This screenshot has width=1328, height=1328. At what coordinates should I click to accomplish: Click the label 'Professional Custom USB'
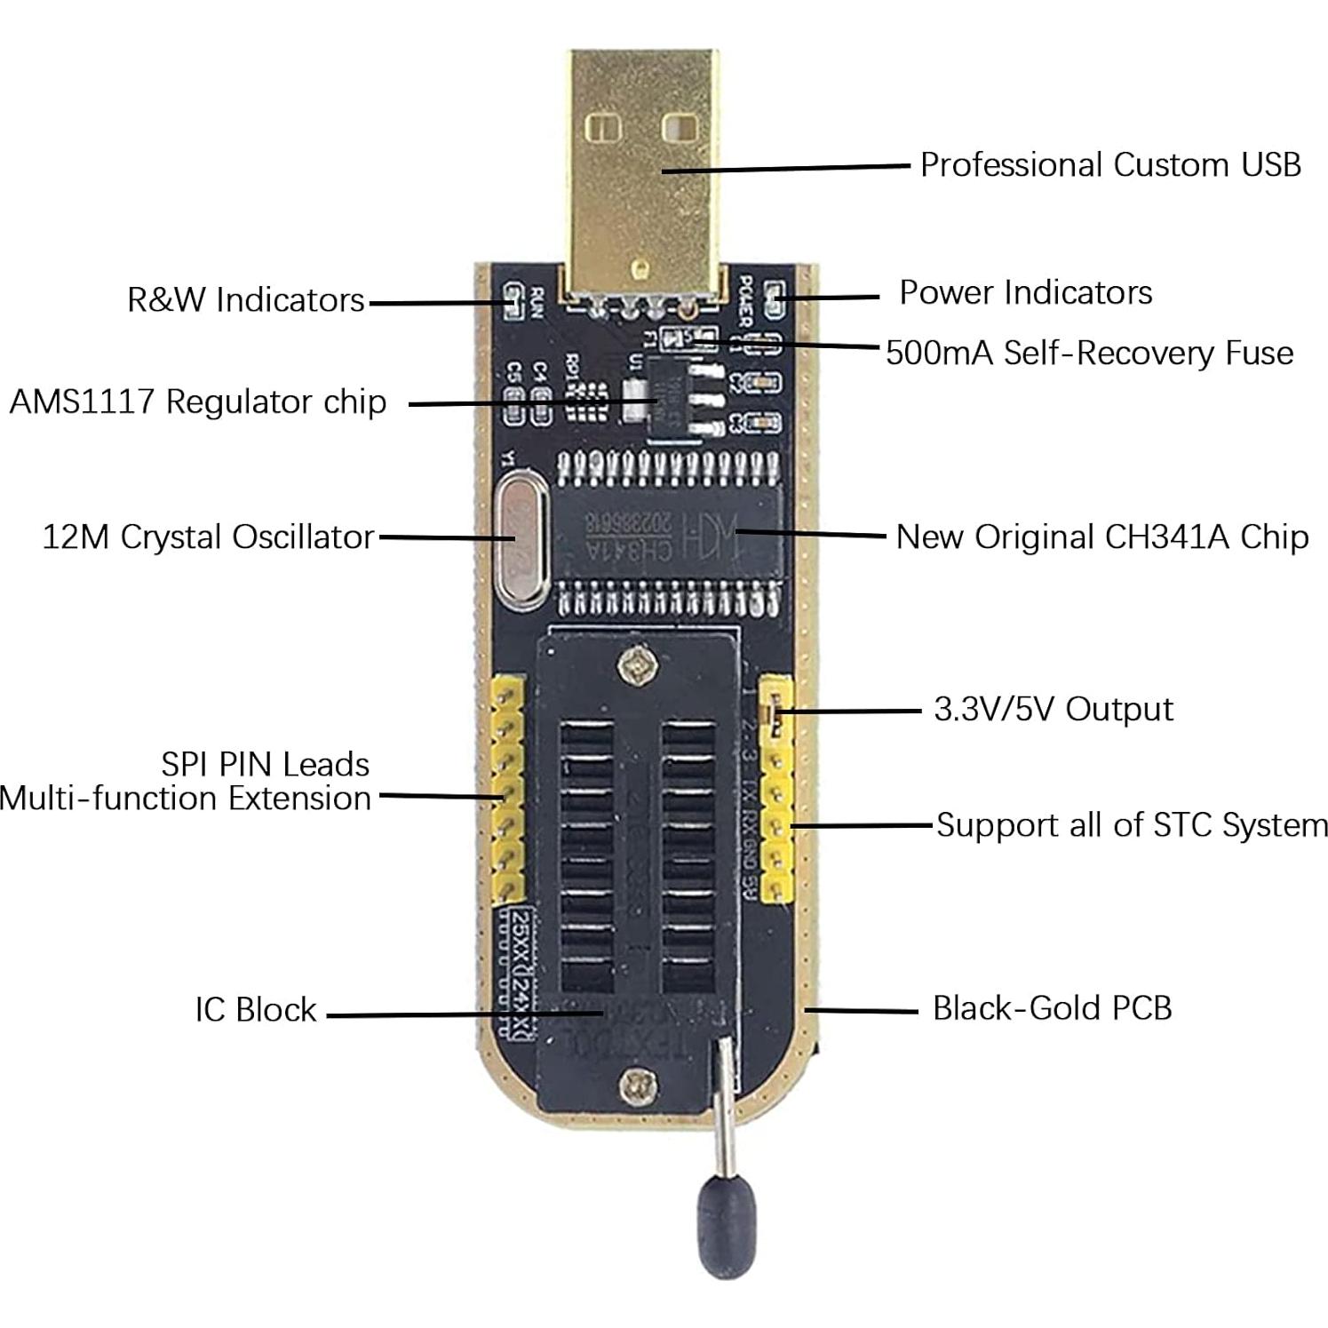(1109, 165)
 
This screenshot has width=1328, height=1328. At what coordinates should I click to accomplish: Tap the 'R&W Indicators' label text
(246, 300)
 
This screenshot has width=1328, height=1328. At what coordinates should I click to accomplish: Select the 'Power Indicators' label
(1025, 293)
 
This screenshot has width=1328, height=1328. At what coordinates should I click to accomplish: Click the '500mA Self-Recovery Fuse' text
(1089, 354)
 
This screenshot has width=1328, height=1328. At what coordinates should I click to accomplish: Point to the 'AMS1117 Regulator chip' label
(198, 402)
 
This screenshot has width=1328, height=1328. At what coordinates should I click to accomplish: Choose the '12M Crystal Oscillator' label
(209, 537)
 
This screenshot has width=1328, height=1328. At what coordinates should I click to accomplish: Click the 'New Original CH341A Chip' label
(1101, 537)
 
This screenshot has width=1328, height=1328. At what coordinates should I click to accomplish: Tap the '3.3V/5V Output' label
(1053, 710)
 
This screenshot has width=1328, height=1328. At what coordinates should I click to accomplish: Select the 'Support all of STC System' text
(1132, 825)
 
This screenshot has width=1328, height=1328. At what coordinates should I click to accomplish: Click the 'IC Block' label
(256, 1010)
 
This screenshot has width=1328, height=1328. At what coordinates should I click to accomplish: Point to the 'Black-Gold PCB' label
(1052, 1009)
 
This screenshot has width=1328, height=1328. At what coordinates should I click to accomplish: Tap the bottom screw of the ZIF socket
(636, 1085)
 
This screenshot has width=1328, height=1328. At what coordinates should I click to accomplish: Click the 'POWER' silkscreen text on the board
(746, 300)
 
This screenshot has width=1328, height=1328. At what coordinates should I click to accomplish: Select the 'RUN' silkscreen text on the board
(536, 303)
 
